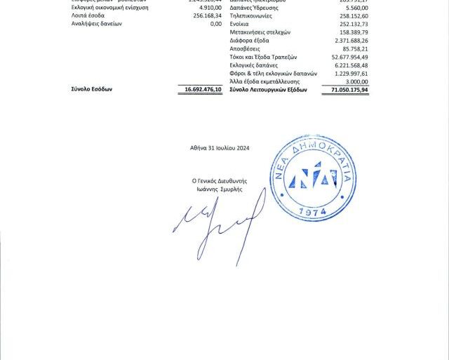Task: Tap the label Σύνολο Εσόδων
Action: pos(92,90)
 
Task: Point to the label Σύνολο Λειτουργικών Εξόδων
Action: pos(269,90)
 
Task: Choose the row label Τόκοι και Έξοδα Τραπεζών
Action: pos(264,57)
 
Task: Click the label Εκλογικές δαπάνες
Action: pos(253,65)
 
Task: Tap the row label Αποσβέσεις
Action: pos(246,49)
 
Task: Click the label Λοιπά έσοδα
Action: pos(88,15)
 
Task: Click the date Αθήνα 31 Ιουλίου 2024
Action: pos(220,148)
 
